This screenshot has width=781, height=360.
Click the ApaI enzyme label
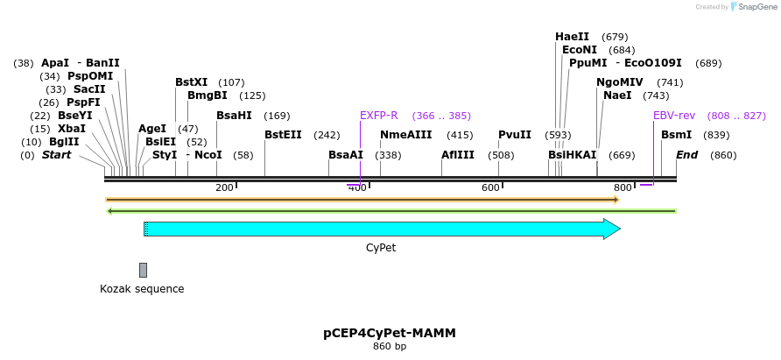54,63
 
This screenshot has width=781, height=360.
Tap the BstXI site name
191,82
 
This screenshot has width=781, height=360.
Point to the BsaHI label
234,116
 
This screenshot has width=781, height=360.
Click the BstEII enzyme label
283,135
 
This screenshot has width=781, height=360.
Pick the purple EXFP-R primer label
379,116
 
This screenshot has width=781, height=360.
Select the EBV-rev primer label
674,116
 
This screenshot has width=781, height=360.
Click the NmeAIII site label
405,135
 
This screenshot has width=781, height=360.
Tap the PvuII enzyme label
515,135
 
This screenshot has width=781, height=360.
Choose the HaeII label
573,37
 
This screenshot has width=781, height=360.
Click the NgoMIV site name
620,82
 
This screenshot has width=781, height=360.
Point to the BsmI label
676,135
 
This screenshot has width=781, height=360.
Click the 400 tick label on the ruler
357,188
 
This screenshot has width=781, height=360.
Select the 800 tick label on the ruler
623,188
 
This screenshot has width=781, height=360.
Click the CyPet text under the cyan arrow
381,248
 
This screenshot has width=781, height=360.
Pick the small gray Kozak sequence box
143,270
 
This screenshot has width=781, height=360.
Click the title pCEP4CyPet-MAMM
390,333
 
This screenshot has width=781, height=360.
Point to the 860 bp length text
390,347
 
